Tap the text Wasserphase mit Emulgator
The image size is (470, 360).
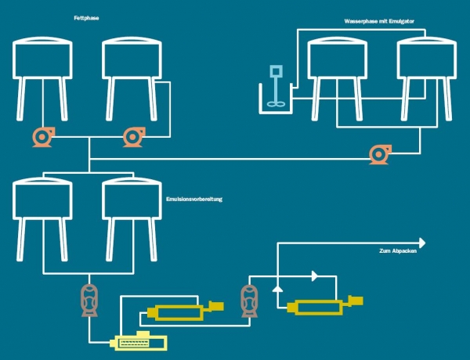(378, 20)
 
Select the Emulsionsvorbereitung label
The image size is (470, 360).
(195, 200)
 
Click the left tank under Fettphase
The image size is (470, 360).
(43, 59)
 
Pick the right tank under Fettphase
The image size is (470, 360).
(132, 59)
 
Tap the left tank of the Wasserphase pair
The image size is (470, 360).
(338, 59)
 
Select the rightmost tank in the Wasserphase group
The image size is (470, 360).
(426, 59)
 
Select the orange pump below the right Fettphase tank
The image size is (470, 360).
(132, 137)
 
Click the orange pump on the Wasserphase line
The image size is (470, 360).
(380, 154)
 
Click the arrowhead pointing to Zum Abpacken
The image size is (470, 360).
(421, 243)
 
